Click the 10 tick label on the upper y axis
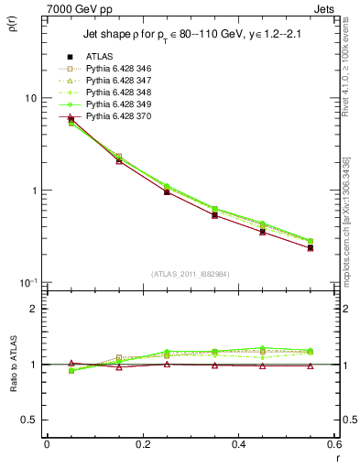pos(29,98)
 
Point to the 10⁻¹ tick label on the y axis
pos(27,282)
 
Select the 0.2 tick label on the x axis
pos(142,444)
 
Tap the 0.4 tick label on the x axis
pos(238,444)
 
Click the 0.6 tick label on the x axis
pos(333,444)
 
